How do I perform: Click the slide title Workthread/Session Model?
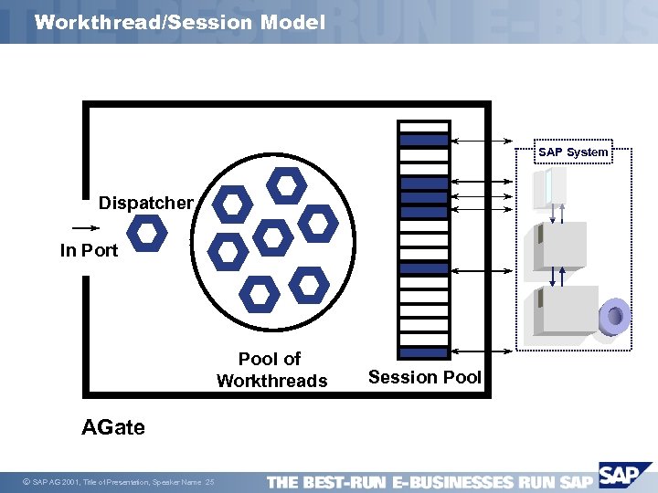[179, 22]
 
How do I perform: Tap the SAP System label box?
[573, 152]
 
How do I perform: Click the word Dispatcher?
[146, 203]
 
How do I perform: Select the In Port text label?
[89, 250]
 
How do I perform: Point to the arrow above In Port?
[84, 228]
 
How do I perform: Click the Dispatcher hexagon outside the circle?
[146, 235]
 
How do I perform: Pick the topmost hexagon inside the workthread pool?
[286, 186]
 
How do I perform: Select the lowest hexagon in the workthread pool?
[260, 294]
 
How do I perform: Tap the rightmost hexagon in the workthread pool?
[318, 222]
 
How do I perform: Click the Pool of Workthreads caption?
[271, 370]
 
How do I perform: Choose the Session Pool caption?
[424, 377]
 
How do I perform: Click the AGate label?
[113, 426]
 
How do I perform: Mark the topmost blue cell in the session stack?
[424, 141]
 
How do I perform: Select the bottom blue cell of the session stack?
[424, 352]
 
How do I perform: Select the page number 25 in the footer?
[210, 482]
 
